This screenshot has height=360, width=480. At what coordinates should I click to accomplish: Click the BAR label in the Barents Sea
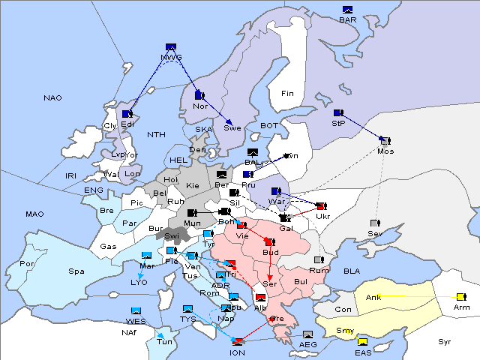[x=347, y=20]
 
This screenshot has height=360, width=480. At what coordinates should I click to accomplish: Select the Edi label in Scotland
[x=127, y=124]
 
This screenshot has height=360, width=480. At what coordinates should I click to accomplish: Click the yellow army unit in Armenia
[x=460, y=298]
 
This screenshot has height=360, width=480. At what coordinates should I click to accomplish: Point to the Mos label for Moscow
[x=385, y=151]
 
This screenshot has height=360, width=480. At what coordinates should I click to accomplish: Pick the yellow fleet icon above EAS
[x=363, y=343]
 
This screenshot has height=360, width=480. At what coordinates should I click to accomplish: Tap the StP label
[x=337, y=123]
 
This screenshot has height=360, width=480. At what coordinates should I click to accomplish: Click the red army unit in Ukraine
[x=321, y=206]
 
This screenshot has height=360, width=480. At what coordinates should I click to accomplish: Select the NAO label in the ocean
[x=52, y=98]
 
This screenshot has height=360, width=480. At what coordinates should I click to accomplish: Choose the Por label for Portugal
[x=28, y=264]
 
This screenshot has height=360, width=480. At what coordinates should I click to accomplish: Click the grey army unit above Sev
[x=375, y=223]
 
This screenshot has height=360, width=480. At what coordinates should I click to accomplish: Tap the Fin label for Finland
[x=287, y=93]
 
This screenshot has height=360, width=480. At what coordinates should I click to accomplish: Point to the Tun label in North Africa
[x=163, y=342]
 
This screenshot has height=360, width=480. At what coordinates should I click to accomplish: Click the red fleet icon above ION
[x=238, y=342]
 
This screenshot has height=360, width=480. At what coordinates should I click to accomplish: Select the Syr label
[x=445, y=341]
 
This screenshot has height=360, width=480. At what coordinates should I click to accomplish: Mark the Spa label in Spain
[x=76, y=271]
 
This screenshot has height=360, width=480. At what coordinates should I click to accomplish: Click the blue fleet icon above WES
[x=136, y=310]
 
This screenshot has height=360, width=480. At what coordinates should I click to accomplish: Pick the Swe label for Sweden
[x=232, y=127]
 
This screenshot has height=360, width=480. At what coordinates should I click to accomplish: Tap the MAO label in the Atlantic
[x=34, y=214]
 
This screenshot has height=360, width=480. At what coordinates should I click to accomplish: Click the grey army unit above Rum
[x=319, y=260]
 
